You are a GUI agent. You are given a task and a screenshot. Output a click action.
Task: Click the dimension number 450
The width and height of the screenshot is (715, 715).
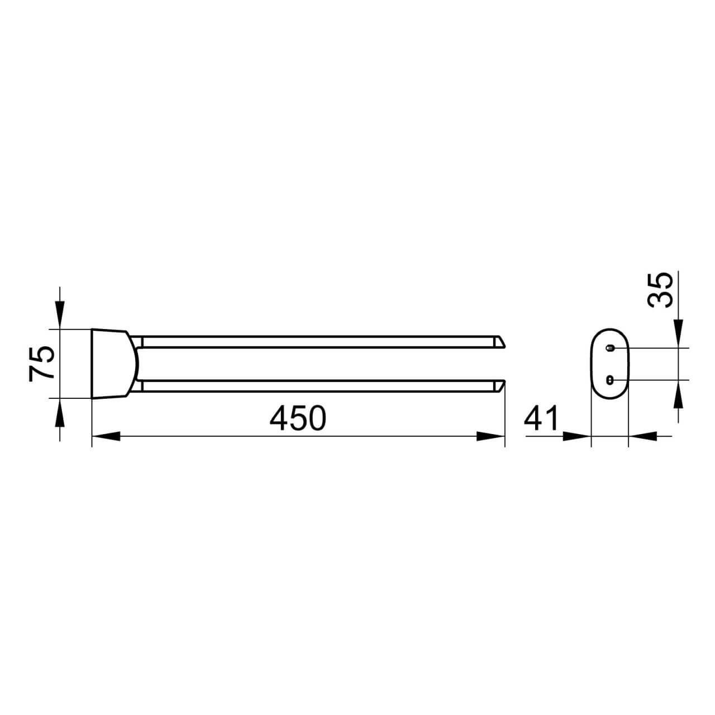coord(297,418)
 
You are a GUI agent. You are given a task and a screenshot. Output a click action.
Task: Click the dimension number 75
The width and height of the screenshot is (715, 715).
coord(42,363)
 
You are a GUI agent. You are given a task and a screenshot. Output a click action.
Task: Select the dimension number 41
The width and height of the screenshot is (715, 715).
coord(541,418)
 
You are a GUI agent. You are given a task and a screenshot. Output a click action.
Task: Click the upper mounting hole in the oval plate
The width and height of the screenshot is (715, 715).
coord(610,348)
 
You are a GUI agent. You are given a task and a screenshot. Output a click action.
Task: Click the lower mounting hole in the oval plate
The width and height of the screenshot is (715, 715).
coord(610,380)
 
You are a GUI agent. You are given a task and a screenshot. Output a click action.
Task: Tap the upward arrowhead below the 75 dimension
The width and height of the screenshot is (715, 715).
coord(60,412)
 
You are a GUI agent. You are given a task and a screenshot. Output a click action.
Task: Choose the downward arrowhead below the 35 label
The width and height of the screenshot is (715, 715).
coord(678,334)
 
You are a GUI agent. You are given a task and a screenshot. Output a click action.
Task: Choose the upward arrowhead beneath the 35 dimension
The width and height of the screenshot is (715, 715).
coord(678,394)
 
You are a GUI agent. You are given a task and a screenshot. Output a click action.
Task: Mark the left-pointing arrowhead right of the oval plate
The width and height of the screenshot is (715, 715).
coord(642,436)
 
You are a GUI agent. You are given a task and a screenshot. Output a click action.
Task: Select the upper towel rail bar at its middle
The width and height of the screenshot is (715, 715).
coord(318,341)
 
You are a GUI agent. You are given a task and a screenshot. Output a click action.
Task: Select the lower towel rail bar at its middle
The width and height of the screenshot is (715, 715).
coord(318,385)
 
